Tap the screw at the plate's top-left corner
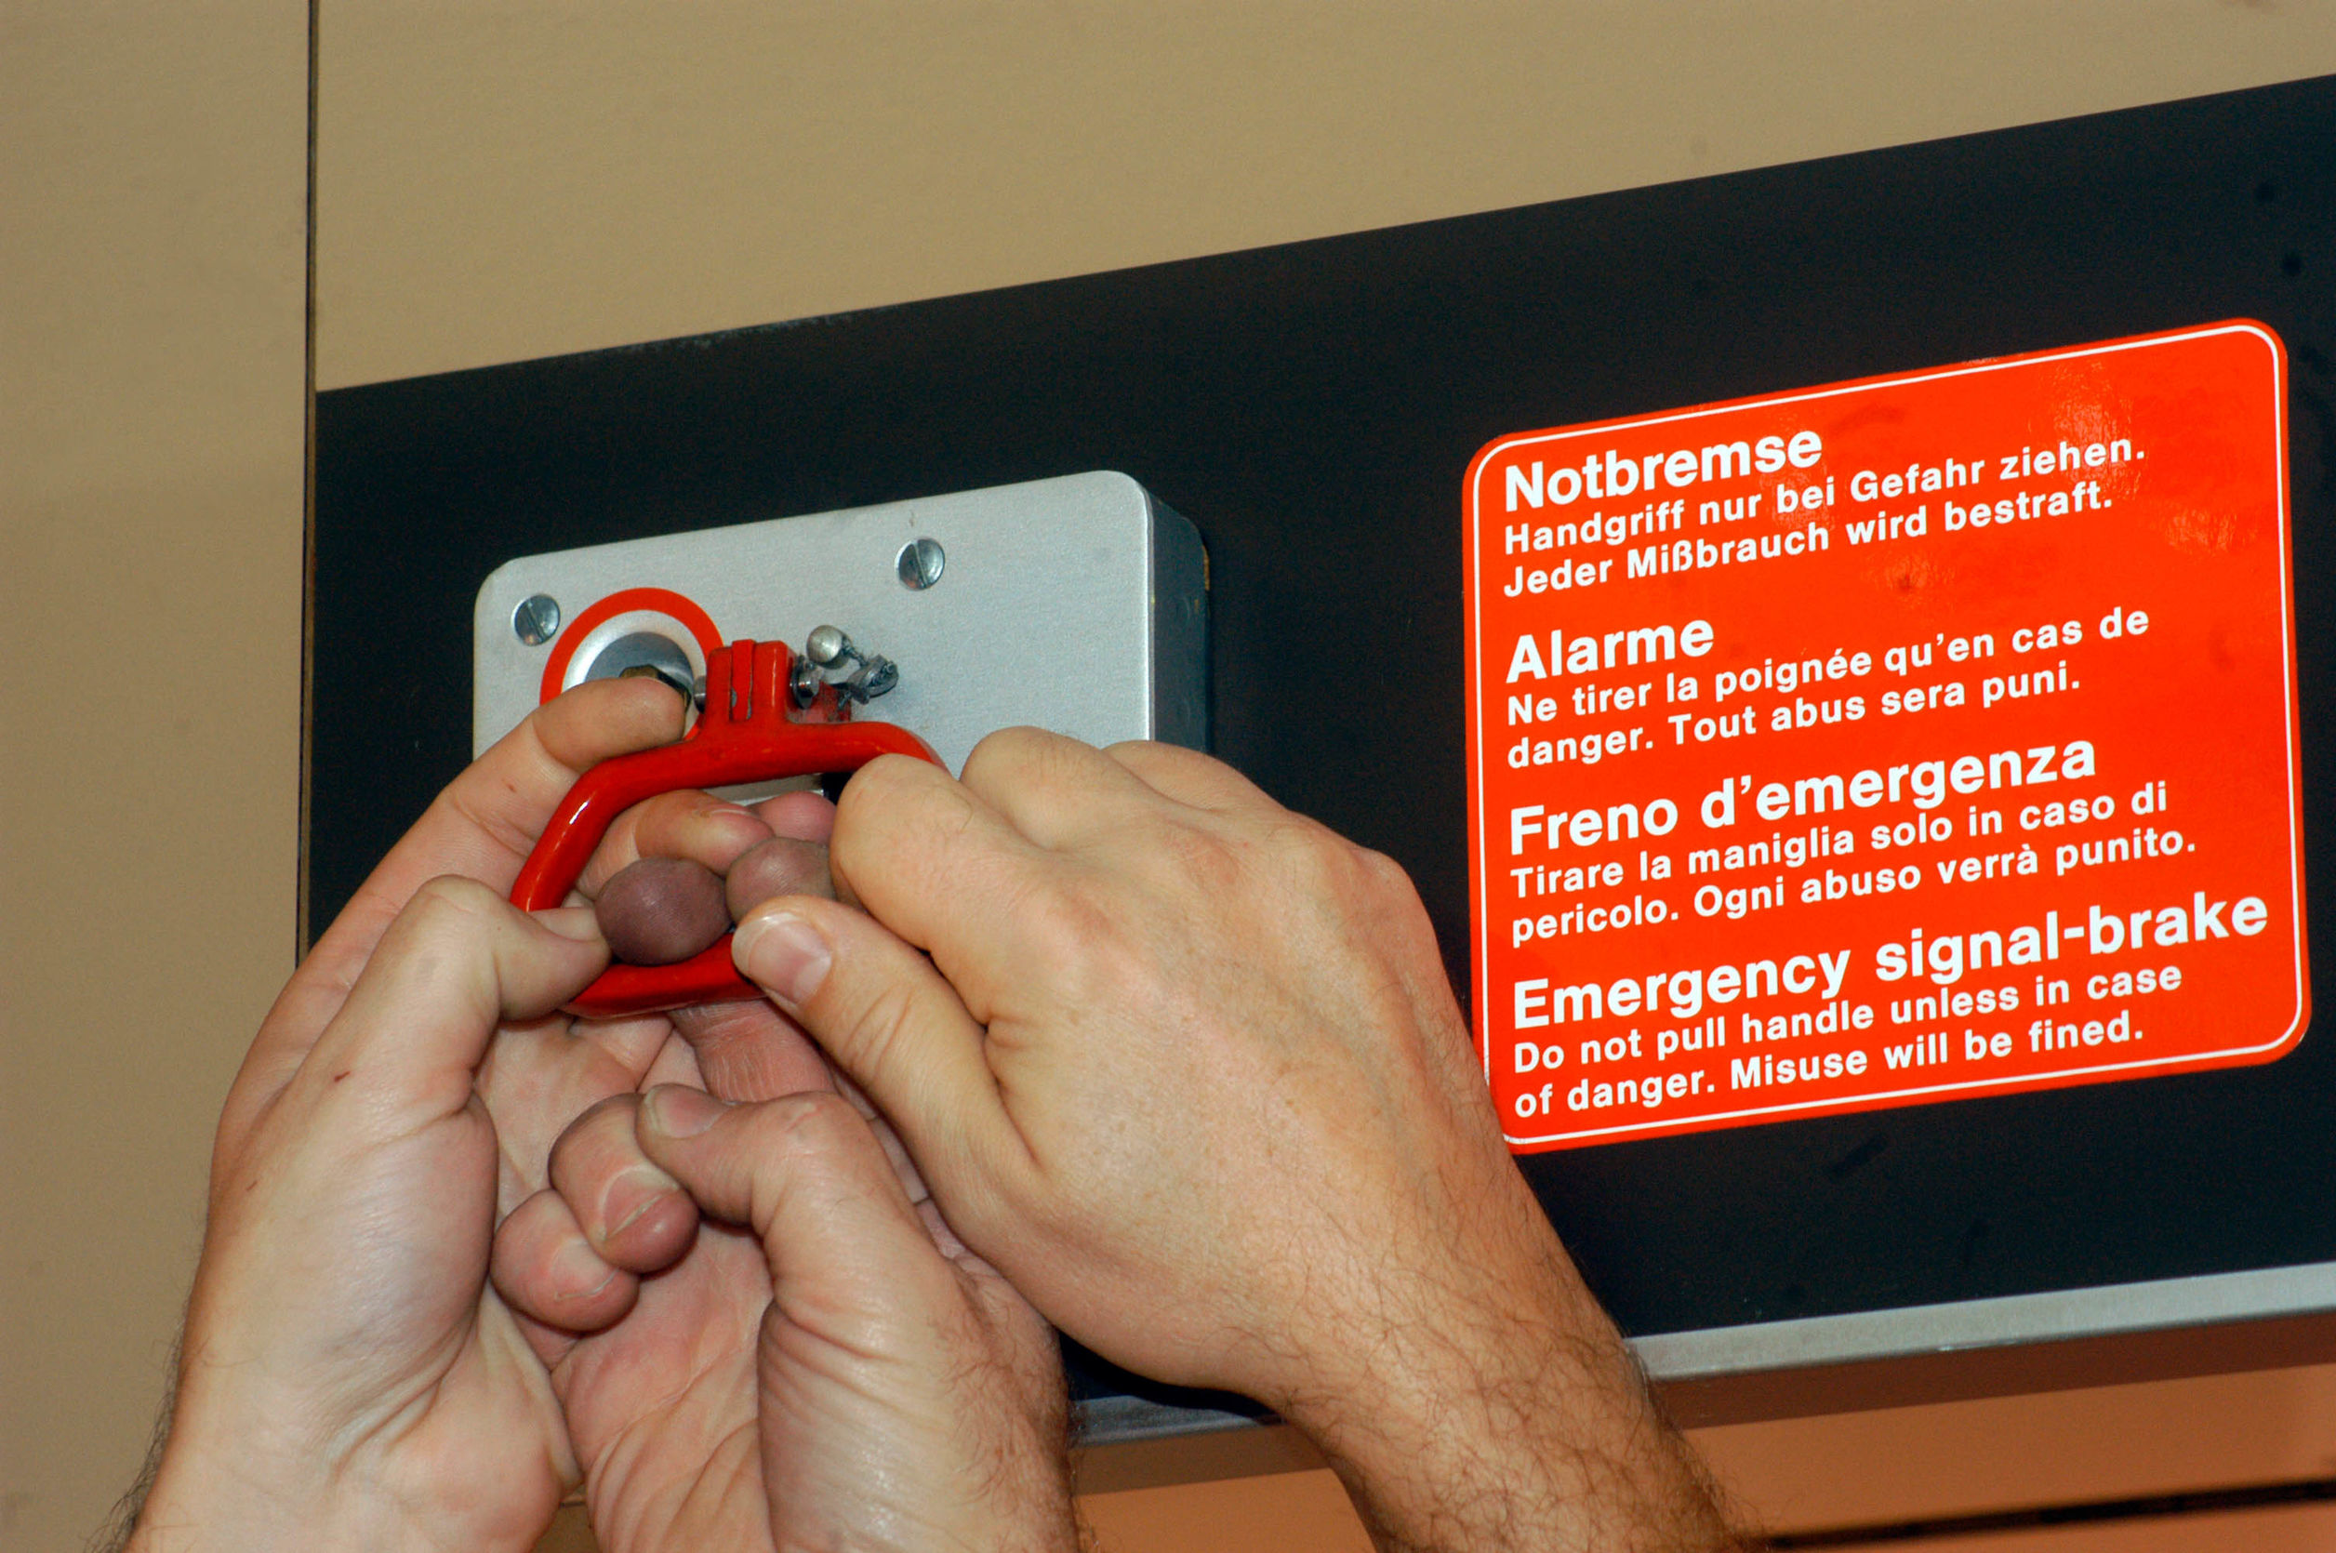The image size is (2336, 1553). click(x=536, y=619)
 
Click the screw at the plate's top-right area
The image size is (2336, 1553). click(x=920, y=563)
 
